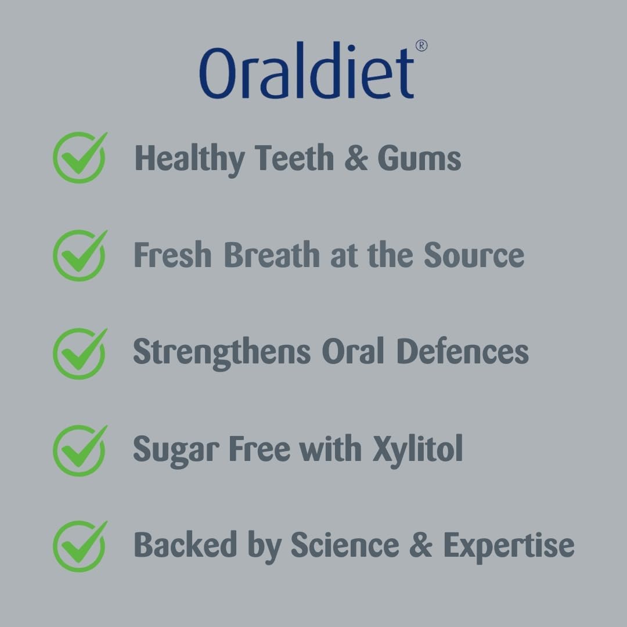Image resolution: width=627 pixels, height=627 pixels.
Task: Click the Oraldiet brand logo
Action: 307,70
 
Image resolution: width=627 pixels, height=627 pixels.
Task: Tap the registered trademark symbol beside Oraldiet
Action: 421,46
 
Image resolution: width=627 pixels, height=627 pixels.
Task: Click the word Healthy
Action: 189,160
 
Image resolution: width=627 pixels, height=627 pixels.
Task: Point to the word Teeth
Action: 294,157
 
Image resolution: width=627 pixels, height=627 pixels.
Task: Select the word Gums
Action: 419,158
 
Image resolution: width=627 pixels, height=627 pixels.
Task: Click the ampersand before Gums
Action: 356,158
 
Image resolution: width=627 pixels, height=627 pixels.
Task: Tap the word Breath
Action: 272,254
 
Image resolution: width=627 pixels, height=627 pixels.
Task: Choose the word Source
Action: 474,255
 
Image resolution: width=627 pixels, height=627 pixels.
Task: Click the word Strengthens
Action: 222,353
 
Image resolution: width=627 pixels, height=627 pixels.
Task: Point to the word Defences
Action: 463,351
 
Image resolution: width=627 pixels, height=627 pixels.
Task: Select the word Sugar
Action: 176,451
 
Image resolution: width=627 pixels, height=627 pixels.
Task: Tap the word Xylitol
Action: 417,451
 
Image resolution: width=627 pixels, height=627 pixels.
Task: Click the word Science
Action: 345,544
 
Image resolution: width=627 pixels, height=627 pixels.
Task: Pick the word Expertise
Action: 509,547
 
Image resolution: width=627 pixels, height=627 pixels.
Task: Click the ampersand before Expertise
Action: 421,545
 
